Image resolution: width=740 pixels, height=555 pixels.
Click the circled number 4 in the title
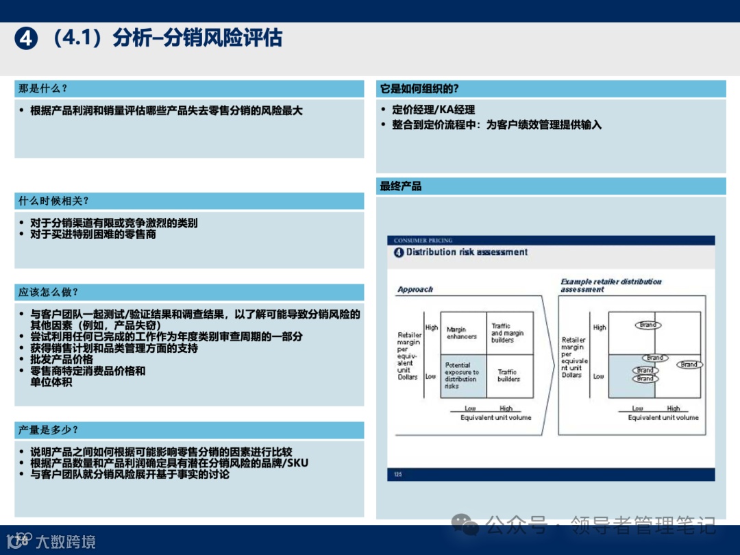point(25,39)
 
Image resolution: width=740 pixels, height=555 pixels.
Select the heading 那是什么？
point(43,89)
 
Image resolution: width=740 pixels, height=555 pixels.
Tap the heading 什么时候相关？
point(53,201)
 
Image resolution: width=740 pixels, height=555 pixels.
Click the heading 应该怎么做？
point(48,293)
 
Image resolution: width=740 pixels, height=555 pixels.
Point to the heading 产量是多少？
point(48,430)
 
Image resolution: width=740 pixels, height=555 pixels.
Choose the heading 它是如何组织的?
point(419,89)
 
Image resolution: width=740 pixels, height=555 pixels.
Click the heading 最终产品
point(401,186)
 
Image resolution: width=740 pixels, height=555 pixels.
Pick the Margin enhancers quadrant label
point(462,333)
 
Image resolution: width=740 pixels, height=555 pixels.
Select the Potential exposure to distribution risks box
point(463,376)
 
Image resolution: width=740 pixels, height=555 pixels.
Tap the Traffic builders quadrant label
point(508,375)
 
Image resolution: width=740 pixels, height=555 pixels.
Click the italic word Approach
point(415,290)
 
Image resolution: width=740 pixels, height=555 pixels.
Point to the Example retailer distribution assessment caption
point(611,285)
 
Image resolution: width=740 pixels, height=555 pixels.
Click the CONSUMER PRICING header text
point(423,241)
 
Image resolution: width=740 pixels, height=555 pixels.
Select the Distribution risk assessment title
point(467,252)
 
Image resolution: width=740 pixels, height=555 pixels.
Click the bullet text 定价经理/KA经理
point(433,110)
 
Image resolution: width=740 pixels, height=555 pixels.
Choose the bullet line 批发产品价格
point(62,359)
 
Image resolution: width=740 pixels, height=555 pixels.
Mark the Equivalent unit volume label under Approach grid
point(495,417)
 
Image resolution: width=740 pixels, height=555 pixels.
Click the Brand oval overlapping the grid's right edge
point(690,365)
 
